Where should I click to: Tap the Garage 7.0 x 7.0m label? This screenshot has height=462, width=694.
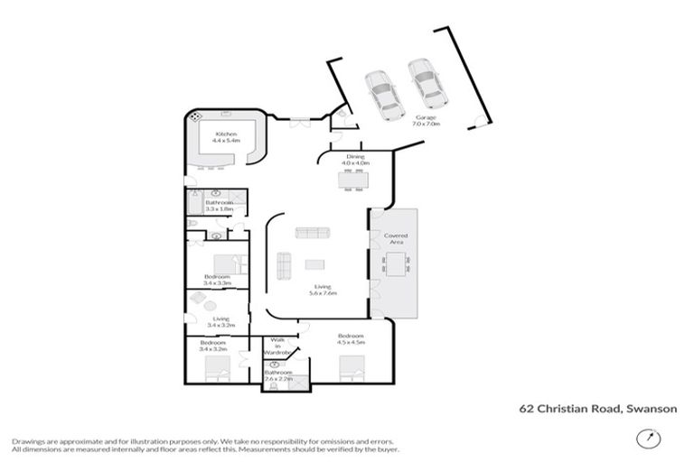[427, 121]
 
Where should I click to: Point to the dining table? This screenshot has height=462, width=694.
[354, 180]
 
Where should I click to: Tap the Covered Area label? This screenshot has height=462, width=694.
[396, 239]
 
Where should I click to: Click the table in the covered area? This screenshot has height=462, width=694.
[396, 263]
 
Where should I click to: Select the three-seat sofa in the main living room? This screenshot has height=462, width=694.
[314, 234]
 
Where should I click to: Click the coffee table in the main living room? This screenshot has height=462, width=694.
[314, 264]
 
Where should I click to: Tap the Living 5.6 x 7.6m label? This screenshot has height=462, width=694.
[323, 290]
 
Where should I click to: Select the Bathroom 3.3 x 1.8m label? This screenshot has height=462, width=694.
[220, 206]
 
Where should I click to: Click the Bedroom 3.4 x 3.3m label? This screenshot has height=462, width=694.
[218, 280]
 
